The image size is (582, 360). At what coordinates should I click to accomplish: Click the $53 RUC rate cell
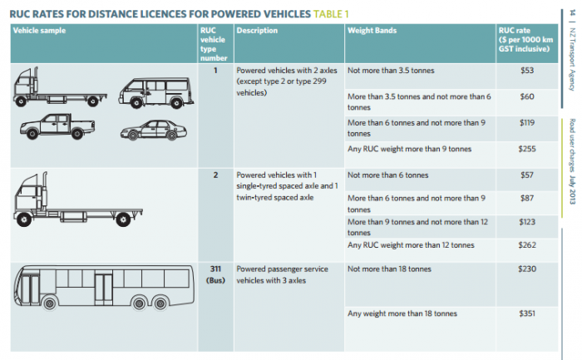(526, 71)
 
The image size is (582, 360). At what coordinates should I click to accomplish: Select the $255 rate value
(526, 149)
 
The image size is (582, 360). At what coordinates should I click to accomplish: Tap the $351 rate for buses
(526, 313)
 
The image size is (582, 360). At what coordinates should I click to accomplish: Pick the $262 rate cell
(526, 245)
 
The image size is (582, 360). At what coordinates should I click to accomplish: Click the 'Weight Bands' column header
(372, 31)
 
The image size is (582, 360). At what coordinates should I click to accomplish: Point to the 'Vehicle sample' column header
(39, 31)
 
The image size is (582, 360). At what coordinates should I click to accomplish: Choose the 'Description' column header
(257, 31)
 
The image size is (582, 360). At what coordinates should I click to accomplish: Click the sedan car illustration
(153, 130)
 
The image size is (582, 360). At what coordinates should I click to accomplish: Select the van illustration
(156, 93)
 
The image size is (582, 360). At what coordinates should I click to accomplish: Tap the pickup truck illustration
(57, 126)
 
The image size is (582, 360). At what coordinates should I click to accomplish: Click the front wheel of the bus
(50, 303)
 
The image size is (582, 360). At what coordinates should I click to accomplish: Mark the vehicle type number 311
(215, 269)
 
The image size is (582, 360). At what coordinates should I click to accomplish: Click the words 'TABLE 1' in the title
(331, 14)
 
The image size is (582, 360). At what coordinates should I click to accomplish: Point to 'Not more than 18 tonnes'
(389, 269)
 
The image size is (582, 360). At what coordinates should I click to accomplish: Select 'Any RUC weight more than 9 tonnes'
(409, 149)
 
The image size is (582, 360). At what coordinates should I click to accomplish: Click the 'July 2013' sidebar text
(572, 190)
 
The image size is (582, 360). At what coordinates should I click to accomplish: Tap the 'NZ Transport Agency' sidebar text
(572, 59)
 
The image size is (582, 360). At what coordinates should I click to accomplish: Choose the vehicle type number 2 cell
(215, 175)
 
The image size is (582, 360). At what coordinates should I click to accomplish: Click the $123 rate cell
(526, 222)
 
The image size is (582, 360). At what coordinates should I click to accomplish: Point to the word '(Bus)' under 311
(215, 280)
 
